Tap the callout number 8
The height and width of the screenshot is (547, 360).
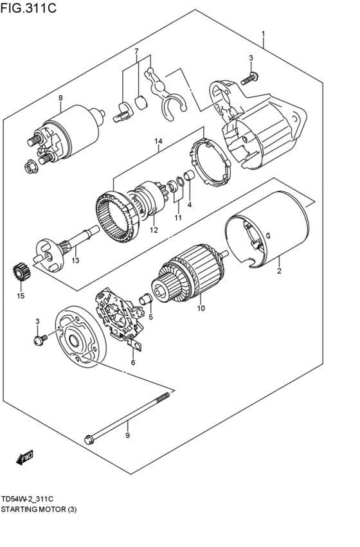[x=60, y=98]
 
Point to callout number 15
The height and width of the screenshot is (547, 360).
[x=21, y=296]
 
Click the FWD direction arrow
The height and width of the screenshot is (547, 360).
[x=24, y=458]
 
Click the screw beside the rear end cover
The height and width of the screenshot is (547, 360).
[x=39, y=338]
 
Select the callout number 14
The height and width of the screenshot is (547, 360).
[x=159, y=141]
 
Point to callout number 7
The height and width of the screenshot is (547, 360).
[x=136, y=51]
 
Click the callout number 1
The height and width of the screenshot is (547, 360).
[x=263, y=33]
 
